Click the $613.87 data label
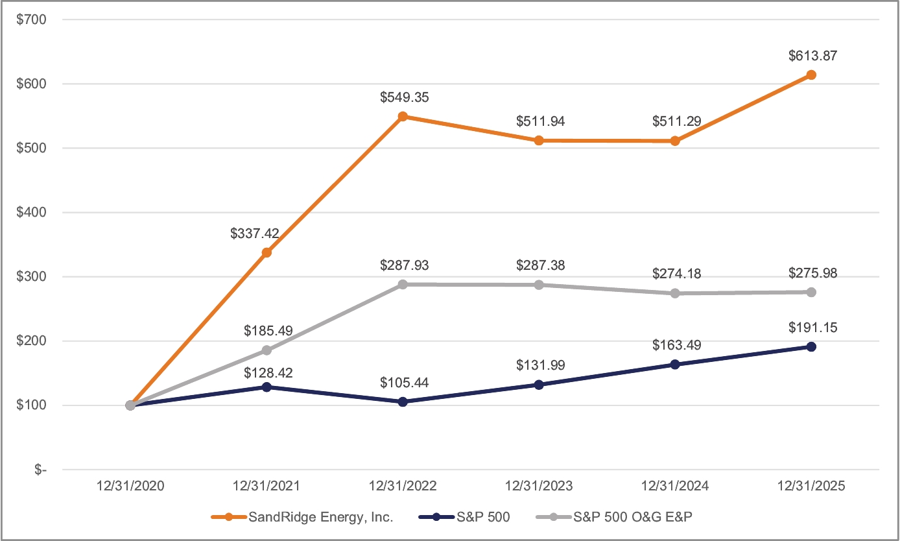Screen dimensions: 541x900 coord(811,56)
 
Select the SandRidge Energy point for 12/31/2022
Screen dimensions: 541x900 coord(403,117)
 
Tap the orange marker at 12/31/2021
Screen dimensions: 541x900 coord(266,252)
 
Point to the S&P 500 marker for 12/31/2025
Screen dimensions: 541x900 coord(811,346)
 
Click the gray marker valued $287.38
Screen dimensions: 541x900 coord(539,285)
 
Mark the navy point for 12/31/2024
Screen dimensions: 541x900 coord(675,365)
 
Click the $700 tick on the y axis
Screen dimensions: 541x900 coord(32,19)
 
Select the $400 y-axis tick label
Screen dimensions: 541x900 coord(32,212)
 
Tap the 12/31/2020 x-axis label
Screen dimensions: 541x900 coord(130,486)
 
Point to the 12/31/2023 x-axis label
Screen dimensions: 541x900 coord(539,486)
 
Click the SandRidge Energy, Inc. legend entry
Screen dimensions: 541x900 coord(303,517)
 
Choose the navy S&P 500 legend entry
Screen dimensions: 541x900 coord(464,517)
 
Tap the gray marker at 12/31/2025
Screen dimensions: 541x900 coord(811,292)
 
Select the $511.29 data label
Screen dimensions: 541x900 coord(675,121)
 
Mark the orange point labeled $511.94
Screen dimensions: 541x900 coord(539,141)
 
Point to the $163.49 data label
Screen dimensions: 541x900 coord(675,345)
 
